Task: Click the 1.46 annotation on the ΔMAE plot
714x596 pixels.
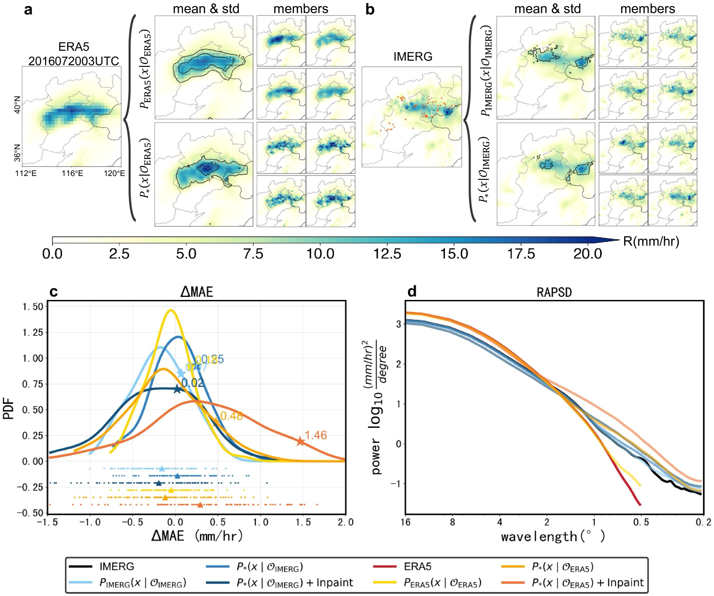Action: pos(316,435)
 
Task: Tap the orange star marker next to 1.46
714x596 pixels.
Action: pos(300,442)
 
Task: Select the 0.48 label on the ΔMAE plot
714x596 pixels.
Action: pos(231,416)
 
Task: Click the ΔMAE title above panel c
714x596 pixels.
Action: pos(196,292)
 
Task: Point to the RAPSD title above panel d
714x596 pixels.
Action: pos(554,293)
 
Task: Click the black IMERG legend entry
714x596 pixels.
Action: pos(116,566)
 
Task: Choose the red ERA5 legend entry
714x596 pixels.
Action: pos(417,566)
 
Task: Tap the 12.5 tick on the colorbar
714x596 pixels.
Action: pos(387,254)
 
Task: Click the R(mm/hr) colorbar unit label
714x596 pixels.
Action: pos(651,241)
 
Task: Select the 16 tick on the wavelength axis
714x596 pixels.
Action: pos(405,522)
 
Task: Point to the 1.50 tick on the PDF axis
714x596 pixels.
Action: pos(33,306)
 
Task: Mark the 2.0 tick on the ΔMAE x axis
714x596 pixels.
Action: pos(345,522)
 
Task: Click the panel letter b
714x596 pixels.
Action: pos(370,9)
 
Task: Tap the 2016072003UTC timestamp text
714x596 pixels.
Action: pos(74,61)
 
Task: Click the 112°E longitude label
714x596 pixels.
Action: pos(26,173)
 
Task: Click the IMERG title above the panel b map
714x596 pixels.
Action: pos(413,56)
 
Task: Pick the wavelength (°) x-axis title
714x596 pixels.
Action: pos(553,536)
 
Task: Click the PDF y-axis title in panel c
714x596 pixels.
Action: pos(9,409)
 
